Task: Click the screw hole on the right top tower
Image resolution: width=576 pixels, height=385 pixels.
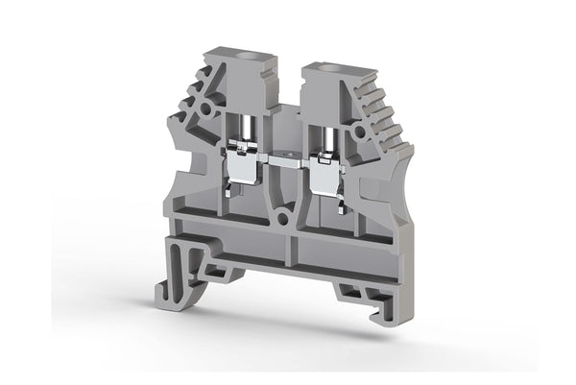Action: click(330, 70)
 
